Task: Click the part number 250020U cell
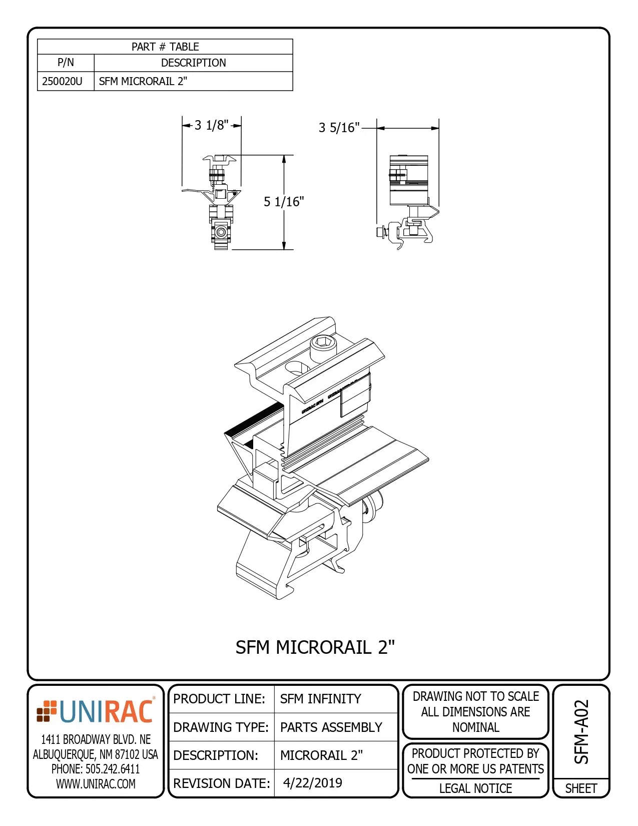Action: click(x=63, y=81)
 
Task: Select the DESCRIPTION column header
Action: click(x=193, y=63)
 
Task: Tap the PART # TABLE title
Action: click(x=165, y=47)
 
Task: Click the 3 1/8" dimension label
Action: click(x=211, y=125)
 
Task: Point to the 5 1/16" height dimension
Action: click(x=284, y=202)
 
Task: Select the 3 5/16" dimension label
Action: click(x=339, y=128)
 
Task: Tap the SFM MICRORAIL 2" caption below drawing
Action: click(x=315, y=647)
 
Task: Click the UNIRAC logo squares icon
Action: click(x=47, y=711)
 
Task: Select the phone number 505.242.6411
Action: click(x=96, y=769)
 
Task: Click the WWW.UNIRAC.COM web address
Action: click(x=96, y=784)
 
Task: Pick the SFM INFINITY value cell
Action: click(x=320, y=699)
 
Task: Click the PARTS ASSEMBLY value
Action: click(x=331, y=727)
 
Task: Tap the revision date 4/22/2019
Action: click(x=313, y=783)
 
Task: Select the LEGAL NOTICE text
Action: click(x=475, y=788)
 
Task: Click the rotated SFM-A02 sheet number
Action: click(x=581, y=731)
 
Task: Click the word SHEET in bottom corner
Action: click(x=581, y=788)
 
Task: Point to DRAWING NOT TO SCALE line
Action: click(x=475, y=696)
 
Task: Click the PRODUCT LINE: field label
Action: click(x=219, y=699)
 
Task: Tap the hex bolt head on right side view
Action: click(x=380, y=232)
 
